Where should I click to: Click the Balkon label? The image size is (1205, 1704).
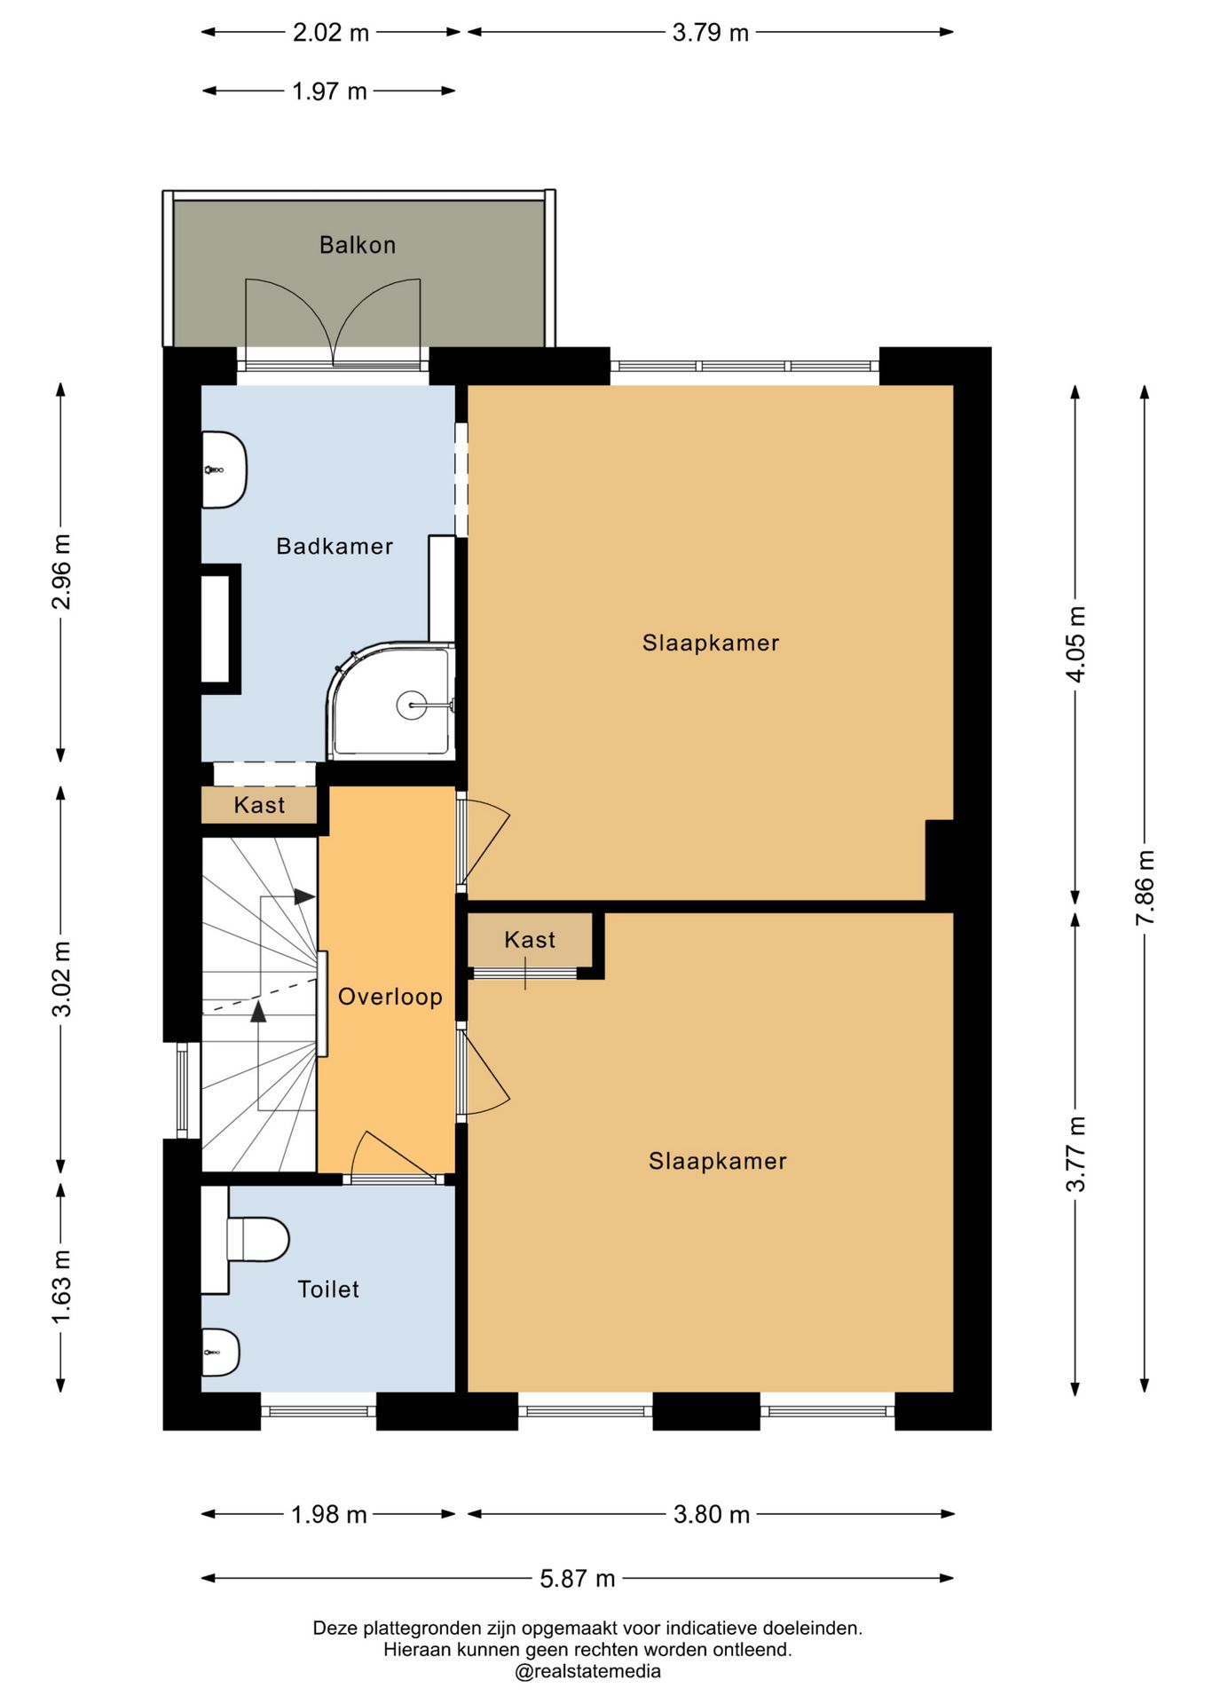(358, 245)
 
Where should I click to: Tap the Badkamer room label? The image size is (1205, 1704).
(335, 546)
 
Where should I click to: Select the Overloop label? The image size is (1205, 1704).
(390, 997)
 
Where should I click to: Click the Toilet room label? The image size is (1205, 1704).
(328, 1290)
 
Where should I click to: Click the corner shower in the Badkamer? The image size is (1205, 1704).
(391, 701)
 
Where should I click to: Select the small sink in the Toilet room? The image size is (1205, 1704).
(220, 1353)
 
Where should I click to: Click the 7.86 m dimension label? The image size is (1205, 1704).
(1146, 887)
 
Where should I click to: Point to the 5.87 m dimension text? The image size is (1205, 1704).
(578, 1579)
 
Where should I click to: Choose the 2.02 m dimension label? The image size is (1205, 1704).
(331, 33)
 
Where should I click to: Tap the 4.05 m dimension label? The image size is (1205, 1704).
(1075, 644)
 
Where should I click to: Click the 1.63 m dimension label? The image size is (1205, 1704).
(61, 1287)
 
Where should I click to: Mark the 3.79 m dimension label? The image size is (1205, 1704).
(711, 33)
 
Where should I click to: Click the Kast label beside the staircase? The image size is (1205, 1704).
(259, 805)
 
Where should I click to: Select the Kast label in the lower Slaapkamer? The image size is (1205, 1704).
(530, 940)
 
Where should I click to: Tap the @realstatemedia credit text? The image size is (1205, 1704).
(587, 1671)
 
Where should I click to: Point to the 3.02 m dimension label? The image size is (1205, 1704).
(61, 979)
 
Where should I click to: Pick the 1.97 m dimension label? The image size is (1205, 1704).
(329, 91)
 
